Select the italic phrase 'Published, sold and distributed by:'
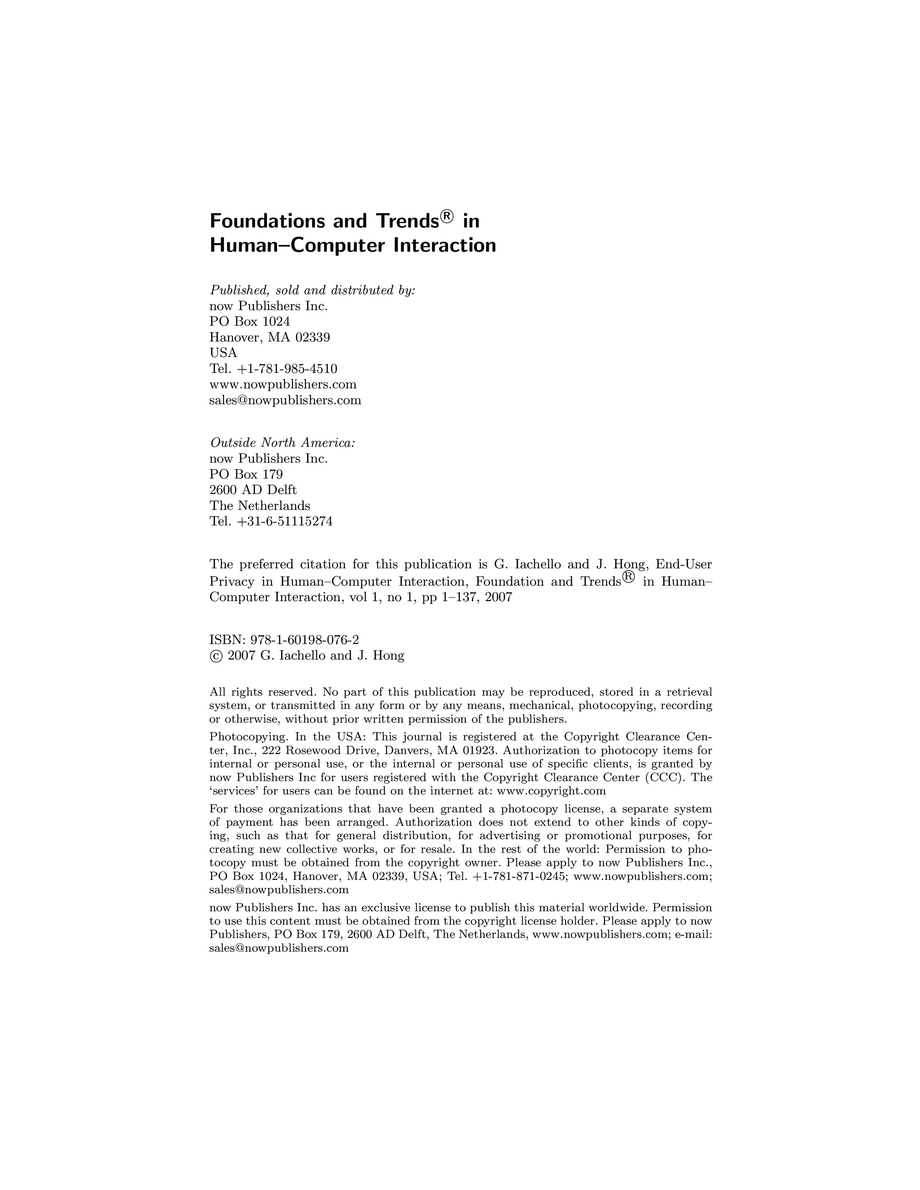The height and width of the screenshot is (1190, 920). (312, 290)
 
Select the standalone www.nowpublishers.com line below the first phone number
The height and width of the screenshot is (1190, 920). (283, 385)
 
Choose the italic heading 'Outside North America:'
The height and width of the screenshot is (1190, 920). (282, 442)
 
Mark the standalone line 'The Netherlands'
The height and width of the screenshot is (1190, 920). (259, 506)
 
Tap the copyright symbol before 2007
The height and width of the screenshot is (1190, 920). (215, 656)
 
